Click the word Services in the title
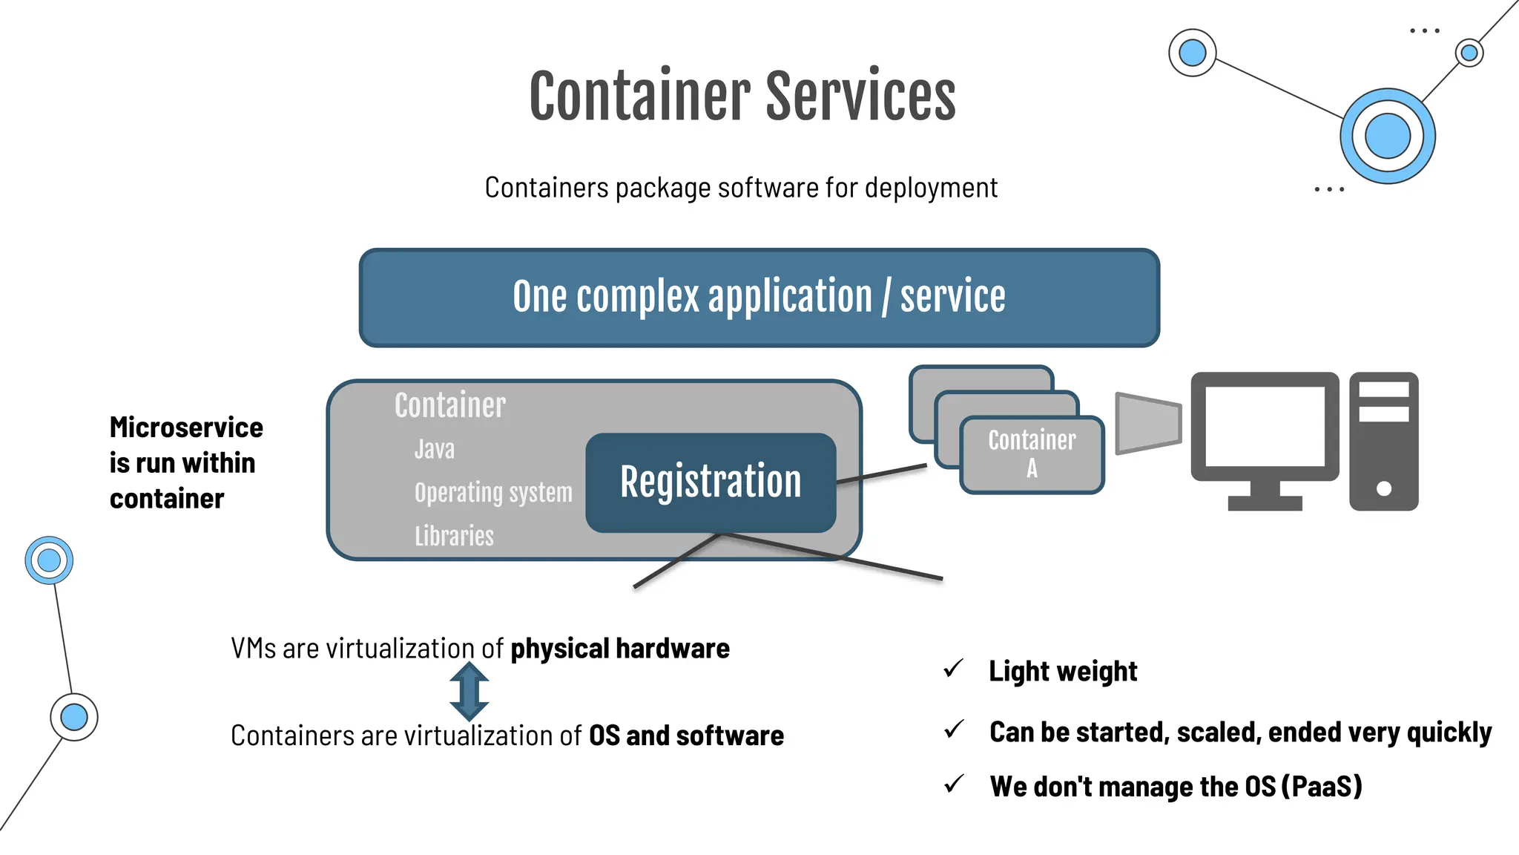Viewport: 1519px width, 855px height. (x=860, y=96)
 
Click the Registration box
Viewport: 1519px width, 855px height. (x=711, y=482)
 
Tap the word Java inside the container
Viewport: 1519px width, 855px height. (x=435, y=450)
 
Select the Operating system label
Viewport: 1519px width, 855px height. (x=493, y=493)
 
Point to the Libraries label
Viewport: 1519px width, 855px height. (x=454, y=536)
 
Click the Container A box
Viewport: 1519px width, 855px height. (x=1032, y=454)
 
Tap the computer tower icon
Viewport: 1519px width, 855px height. (x=1383, y=442)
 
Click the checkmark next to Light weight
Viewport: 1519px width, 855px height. (x=953, y=669)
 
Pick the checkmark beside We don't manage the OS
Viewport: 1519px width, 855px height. (x=953, y=784)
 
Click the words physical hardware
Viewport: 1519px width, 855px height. (x=620, y=649)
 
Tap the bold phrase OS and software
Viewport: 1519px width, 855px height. (x=686, y=736)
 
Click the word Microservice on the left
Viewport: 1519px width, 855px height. (x=186, y=427)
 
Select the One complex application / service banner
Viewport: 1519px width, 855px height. (x=759, y=298)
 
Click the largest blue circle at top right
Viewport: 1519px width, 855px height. (x=1387, y=137)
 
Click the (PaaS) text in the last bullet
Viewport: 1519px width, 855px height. (x=1322, y=787)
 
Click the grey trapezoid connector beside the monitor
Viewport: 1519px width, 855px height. (x=1148, y=423)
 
